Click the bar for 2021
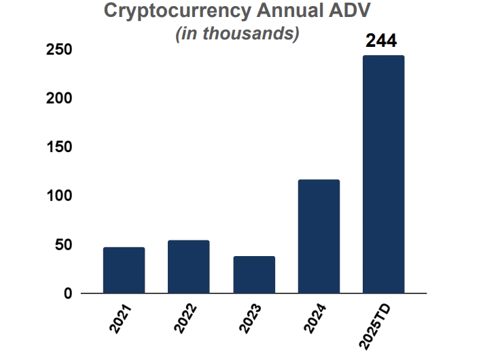coord(124,270)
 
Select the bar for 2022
coord(189,267)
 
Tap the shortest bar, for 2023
coord(254,275)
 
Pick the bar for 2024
coord(319,236)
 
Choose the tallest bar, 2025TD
coord(384,175)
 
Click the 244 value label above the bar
coord(381,41)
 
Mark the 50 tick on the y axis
coord(63,245)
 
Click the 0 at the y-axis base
coord(68,294)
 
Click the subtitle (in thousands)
coord(238,34)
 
